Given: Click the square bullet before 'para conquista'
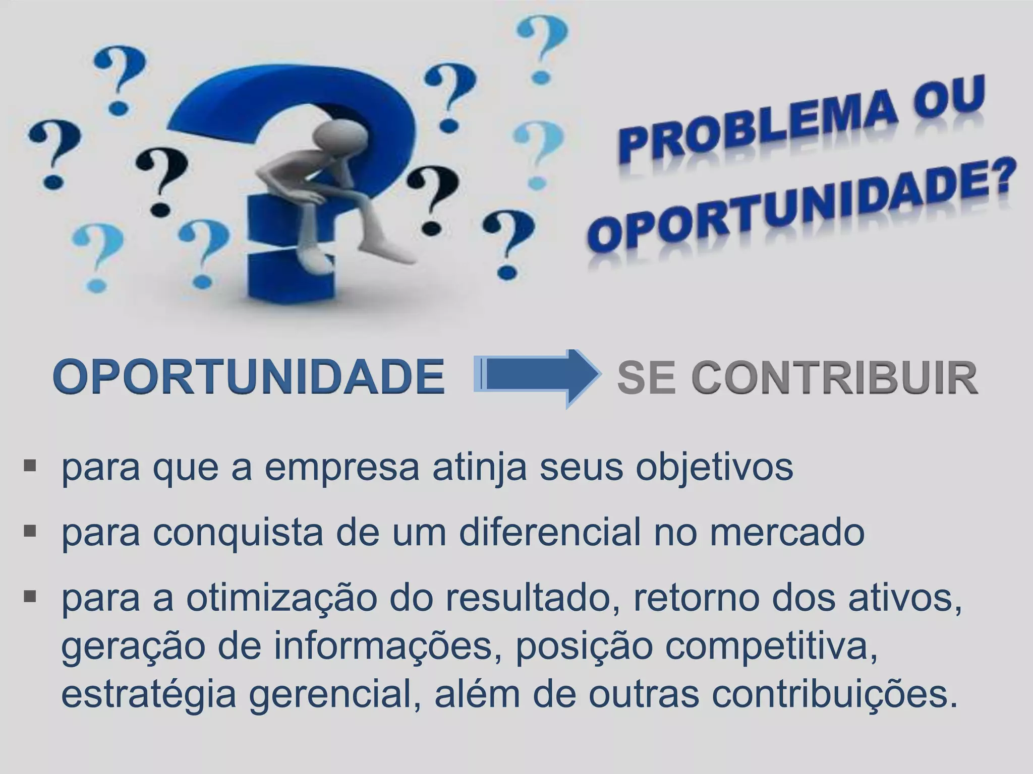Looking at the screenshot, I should point(30,530).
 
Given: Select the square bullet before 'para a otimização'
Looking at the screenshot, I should point(30,597).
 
